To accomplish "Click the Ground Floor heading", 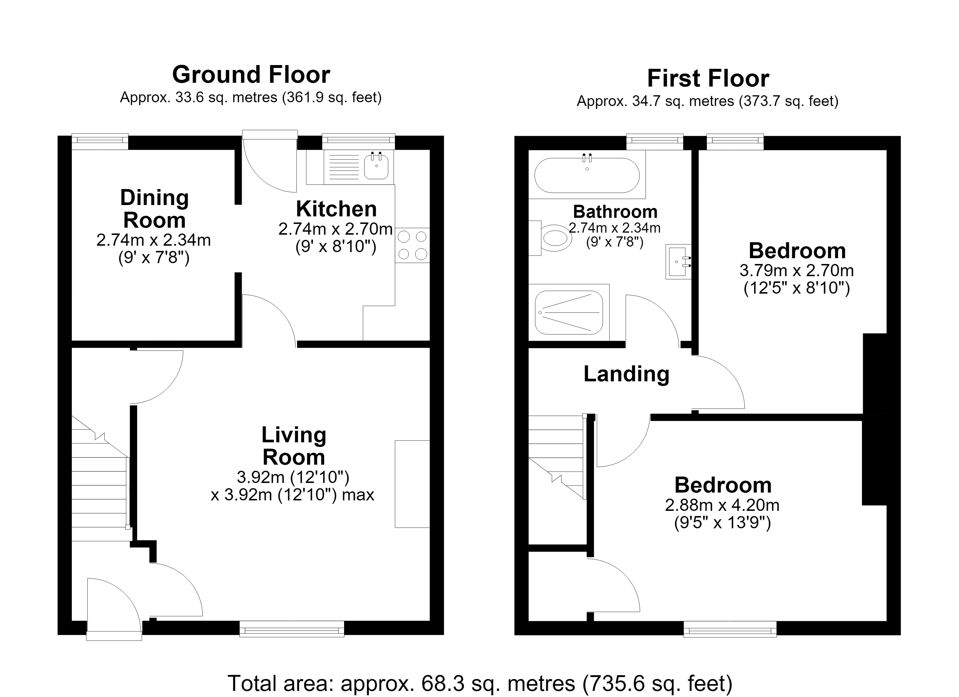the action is point(251,75).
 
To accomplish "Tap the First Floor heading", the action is point(708,79).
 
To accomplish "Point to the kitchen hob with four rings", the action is point(412,245).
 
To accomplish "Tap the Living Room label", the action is point(294,446).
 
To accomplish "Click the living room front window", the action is point(292,628).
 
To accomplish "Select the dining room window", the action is point(100,142).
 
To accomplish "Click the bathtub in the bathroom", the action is point(587,175).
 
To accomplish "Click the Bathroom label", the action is point(615,211).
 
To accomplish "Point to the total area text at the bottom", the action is point(479,683).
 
